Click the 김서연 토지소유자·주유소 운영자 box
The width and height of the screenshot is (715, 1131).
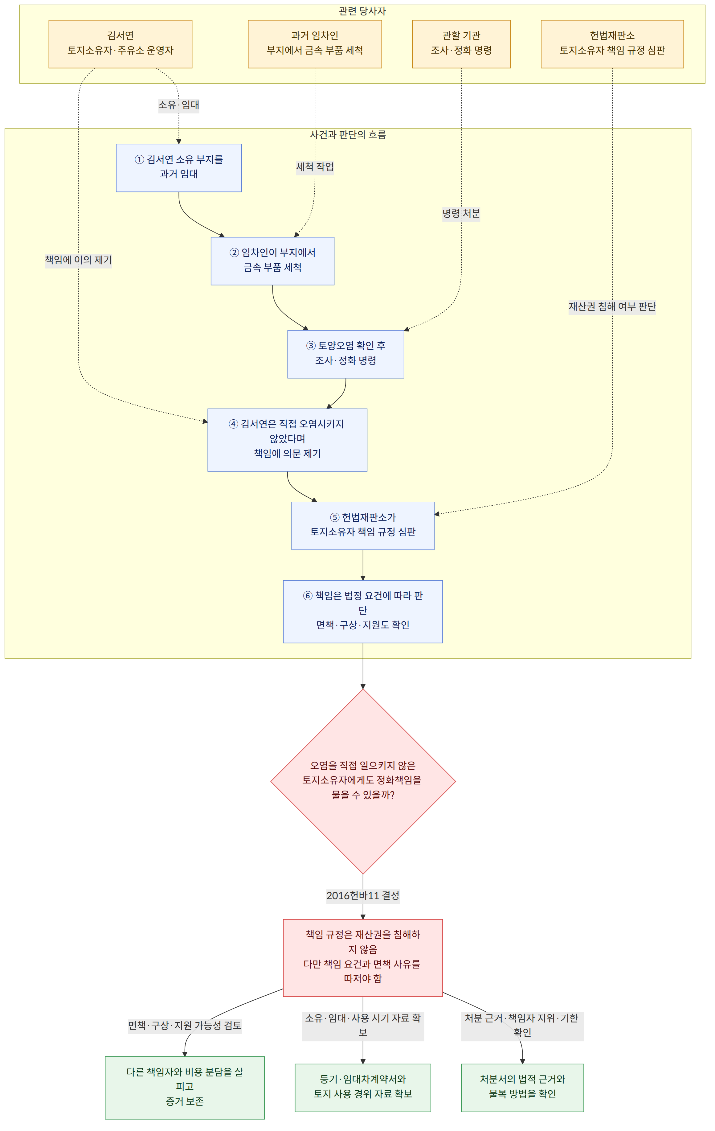coord(120,44)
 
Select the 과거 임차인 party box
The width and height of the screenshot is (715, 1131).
coord(315,44)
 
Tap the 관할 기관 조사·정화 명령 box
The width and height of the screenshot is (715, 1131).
coord(461,44)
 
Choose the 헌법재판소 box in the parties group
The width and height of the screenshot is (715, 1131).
coord(612,44)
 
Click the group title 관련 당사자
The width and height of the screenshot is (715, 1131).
coord(362,11)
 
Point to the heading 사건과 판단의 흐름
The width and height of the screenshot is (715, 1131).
coord(348,135)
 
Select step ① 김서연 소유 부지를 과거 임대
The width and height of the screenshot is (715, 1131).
coord(179,168)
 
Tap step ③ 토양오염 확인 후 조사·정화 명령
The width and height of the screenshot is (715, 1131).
coord(345,354)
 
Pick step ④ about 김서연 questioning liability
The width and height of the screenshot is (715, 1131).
coord(287,440)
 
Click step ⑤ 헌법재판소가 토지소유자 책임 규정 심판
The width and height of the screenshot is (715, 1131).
coord(363,526)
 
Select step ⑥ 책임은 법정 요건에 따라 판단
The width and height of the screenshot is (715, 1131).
coord(363,611)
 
